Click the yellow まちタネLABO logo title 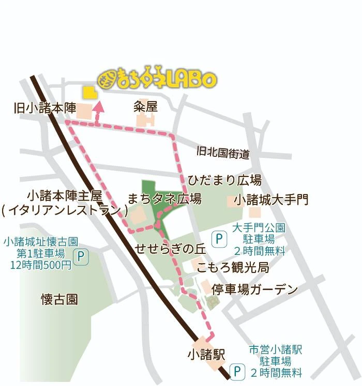point(157,79)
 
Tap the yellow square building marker point(90,92)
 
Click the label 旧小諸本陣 point(45,108)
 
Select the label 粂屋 point(145,106)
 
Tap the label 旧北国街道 point(223,153)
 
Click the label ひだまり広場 point(224,180)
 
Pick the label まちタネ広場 point(164,199)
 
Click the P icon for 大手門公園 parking point(219,239)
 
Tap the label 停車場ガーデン point(255,288)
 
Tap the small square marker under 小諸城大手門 point(254,212)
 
